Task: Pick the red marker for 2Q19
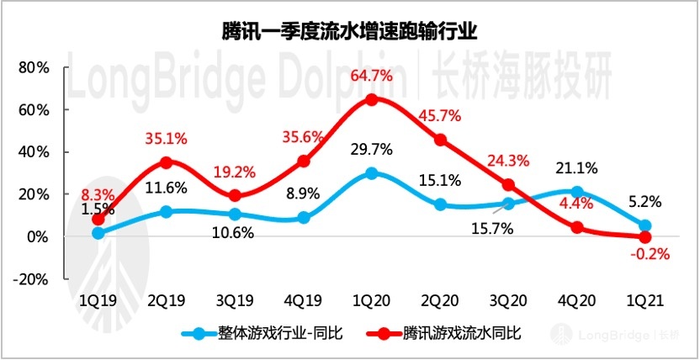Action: point(167,162)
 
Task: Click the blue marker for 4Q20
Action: point(576,192)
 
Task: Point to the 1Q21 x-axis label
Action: point(644,298)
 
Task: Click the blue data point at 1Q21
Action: point(644,225)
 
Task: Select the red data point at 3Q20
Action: point(508,185)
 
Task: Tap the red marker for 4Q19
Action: point(304,161)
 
